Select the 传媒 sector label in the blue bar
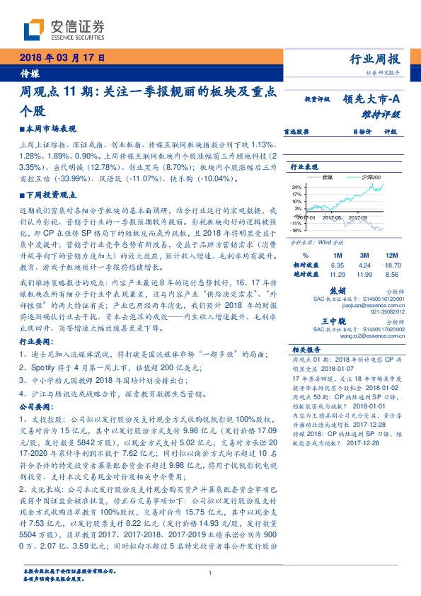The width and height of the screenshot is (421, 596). (29, 72)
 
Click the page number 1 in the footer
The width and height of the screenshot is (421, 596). (211, 573)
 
